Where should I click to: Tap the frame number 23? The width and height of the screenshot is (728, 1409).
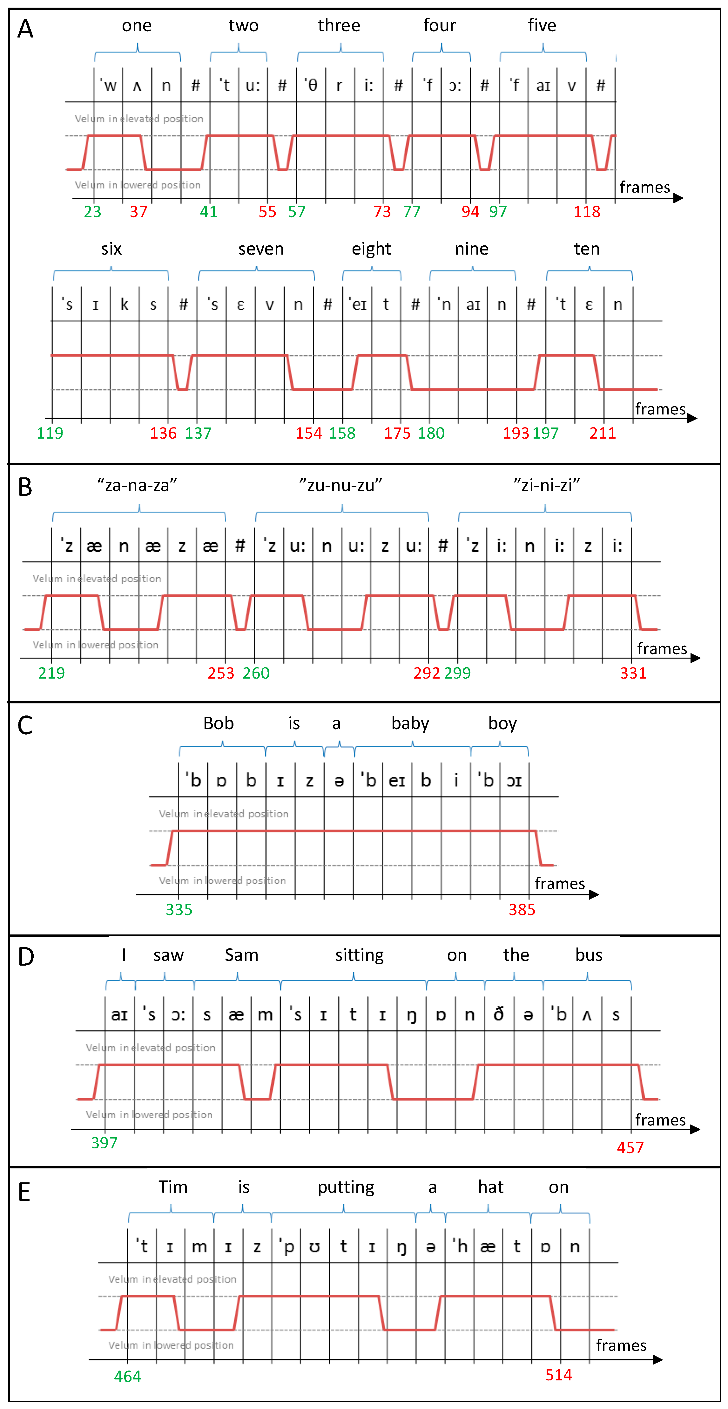pos(92,212)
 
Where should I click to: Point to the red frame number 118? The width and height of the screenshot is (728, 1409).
pos(586,212)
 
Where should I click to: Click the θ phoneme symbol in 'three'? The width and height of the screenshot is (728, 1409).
pos(312,85)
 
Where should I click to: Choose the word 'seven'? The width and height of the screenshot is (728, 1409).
pos(261,249)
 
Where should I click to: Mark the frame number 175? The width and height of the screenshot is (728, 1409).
pos(397,433)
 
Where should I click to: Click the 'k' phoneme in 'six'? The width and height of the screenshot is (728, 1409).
pos(124,305)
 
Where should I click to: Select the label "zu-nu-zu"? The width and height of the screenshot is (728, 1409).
pos(340,485)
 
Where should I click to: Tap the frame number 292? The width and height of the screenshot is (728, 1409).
pos(426,673)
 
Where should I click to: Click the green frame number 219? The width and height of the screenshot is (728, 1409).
pos(51,673)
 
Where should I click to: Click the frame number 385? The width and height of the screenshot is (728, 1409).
pos(522,910)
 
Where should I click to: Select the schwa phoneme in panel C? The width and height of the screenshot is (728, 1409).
pos(339,781)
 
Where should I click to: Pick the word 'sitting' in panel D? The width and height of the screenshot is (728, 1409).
pos(359,955)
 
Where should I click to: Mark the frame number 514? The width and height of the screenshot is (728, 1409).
pos(558,1375)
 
